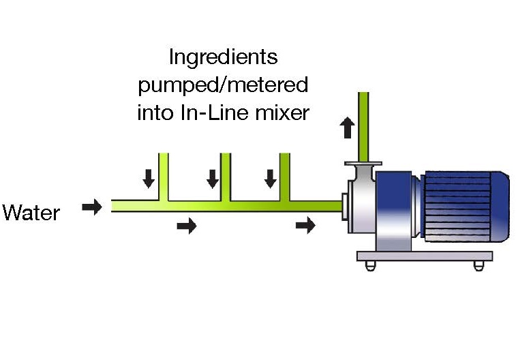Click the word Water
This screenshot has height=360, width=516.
click(x=31, y=213)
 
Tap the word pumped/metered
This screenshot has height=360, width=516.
click(x=223, y=85)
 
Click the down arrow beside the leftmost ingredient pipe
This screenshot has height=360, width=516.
click(x=148, y=179)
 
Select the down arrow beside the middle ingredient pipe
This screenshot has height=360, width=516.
click(x=212, y=179)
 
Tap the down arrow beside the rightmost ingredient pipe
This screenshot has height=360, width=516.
click(x=271, y=179)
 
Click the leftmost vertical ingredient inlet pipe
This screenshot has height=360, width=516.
click(x=163, y=176)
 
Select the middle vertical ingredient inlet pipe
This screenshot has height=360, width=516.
click(x=225, y=176)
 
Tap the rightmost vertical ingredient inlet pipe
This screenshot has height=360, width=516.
click(x=284, y=176)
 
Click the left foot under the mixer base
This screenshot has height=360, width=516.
click(x=370, y=265)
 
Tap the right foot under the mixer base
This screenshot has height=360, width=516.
click(x=479, y=265)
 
